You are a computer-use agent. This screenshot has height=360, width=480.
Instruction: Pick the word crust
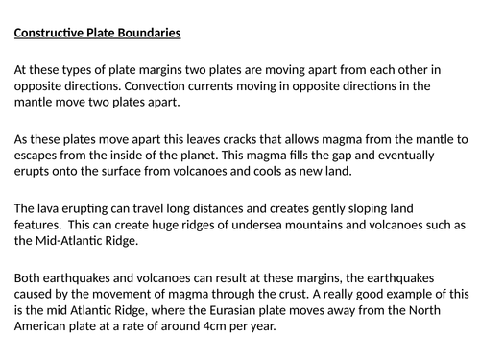(329, 293)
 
